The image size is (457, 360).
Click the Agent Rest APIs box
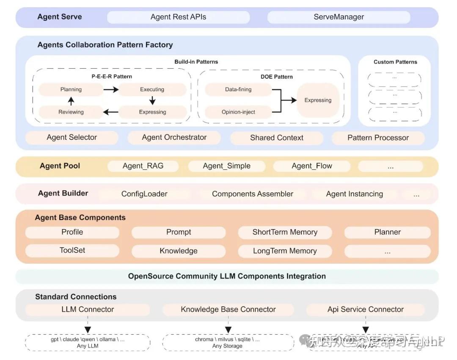pos(178,17)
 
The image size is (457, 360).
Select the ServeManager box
pos(339,17)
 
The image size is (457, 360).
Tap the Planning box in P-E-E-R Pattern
pos(71,89)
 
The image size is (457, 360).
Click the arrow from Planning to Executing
pos(111,90)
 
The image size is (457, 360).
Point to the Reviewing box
pos(71,112)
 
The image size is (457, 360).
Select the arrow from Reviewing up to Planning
pos(71,101)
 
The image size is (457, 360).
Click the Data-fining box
pos(238,89)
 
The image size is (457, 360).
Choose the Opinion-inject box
pos(238,112)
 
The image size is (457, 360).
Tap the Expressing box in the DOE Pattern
pos(318,100)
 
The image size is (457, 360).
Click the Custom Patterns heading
pos(395,62)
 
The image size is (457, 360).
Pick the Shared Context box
pos(276,138)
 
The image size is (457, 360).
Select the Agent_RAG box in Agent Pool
pos(143,166)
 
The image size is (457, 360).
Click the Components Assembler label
pos(252,194)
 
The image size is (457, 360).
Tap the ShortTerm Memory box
pos(284,232)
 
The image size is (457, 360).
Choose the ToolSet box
pos(72,250)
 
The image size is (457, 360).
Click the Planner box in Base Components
pos(387,232)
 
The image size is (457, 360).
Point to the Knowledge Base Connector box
pos(228,310)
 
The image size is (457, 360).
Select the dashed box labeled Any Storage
pos(228,343)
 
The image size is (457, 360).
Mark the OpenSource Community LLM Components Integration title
pos(227,276)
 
